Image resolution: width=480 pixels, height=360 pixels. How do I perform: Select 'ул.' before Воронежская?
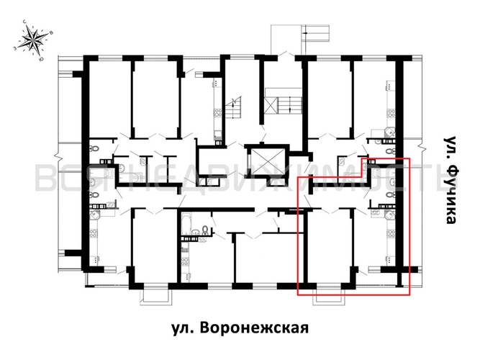point(183,328)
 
